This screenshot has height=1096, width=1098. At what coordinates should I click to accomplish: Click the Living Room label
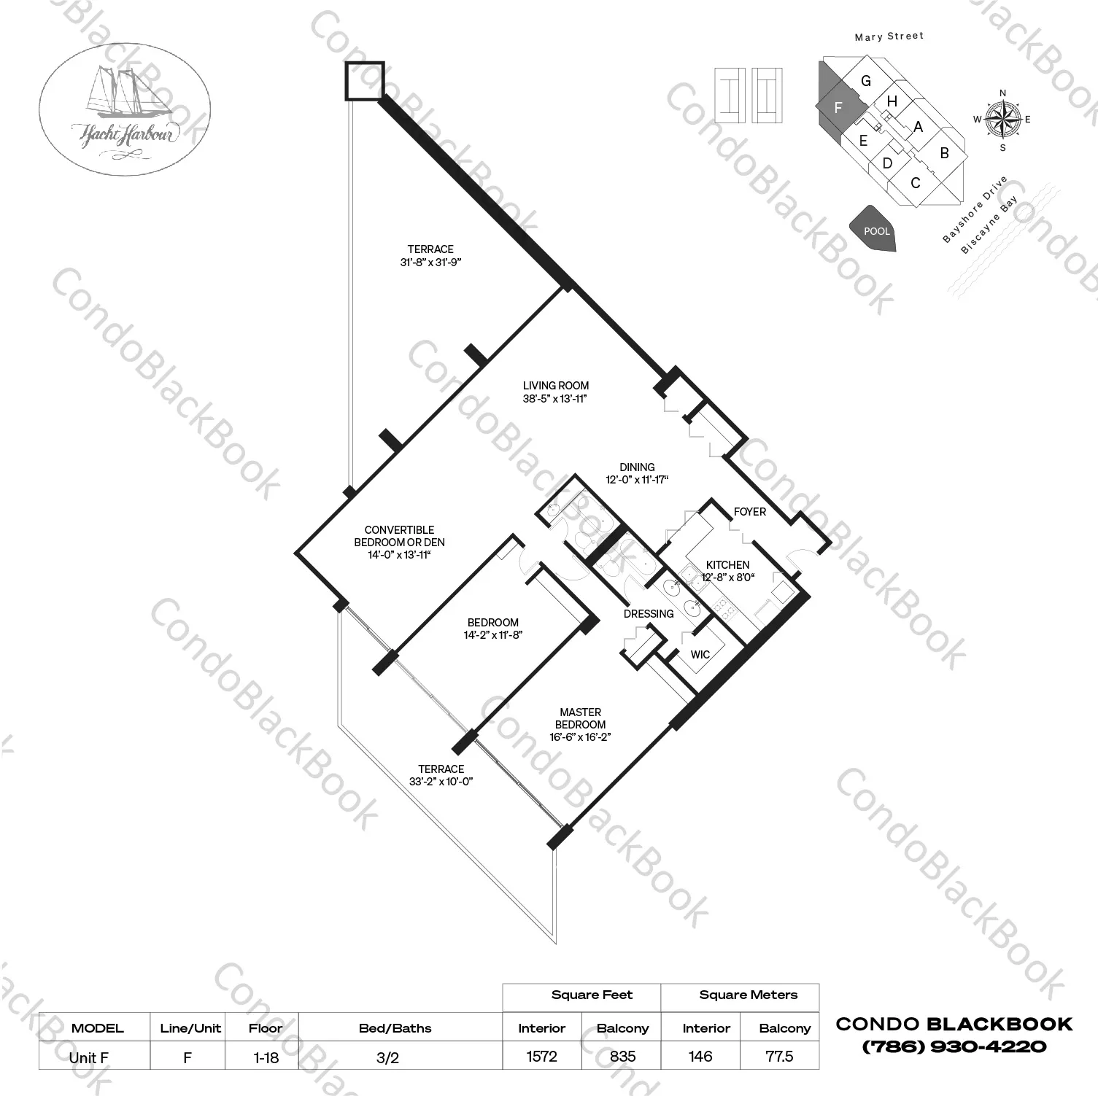[x=556, y=386]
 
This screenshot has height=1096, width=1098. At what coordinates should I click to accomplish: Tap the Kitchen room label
[x=727, y=564]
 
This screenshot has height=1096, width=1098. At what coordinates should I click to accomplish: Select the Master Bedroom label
[x=581, y=718]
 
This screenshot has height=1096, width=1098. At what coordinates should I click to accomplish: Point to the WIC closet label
[x=700, y=654]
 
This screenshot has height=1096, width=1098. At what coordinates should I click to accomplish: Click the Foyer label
[x=750, y=512]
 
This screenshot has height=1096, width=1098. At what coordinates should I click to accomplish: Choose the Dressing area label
[x=649, y=614]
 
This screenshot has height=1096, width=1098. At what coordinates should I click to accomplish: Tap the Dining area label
[x=637, y=467]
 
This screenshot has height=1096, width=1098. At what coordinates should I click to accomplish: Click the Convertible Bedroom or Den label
[x=399, y=536]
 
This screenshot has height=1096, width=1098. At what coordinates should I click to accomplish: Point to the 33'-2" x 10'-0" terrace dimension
[x=441, y=782]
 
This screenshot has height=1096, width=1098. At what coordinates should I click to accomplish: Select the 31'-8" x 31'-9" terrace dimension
[x=431, y=262]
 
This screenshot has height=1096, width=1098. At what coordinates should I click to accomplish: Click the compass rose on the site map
[x=1002, y=120]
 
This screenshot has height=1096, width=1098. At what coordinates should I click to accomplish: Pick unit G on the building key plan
[x=866, y=81]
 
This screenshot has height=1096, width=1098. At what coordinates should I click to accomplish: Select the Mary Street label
[x=889, y=36]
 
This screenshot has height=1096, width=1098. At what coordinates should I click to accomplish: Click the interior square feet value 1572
[x=541, y=1056]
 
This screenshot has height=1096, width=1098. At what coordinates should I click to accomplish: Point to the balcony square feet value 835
[x=622, y=1056]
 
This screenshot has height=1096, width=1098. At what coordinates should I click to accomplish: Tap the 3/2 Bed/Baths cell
[x=387, y=1057]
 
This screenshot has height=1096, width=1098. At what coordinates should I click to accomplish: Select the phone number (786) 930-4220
[x=954, y=1046]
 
